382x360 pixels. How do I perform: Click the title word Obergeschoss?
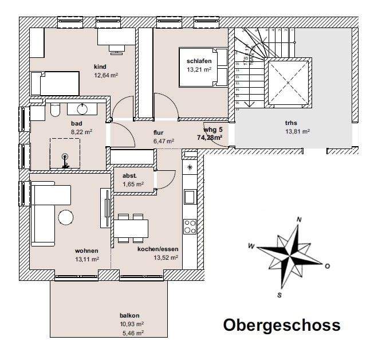(x=281, y=325)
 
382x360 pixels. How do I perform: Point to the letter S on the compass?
(x=279, y=295)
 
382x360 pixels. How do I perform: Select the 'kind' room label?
(x=100, y=66)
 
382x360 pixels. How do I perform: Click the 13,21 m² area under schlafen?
(x=199, y=69)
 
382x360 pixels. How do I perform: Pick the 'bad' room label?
(x=77, y=123)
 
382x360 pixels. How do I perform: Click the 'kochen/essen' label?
(x=157, y=249)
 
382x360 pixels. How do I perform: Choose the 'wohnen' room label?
(x=86, y=251)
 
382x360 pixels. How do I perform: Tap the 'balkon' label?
(x=129, y=315)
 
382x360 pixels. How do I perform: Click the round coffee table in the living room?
(x=65, y=218)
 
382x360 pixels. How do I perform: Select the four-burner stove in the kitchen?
(x=190, y=226)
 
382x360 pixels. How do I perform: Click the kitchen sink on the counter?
(x=190, y=197)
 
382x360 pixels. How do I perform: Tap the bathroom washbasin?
(x=80, y=109)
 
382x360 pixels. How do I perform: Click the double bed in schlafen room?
(x=203, y=67)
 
